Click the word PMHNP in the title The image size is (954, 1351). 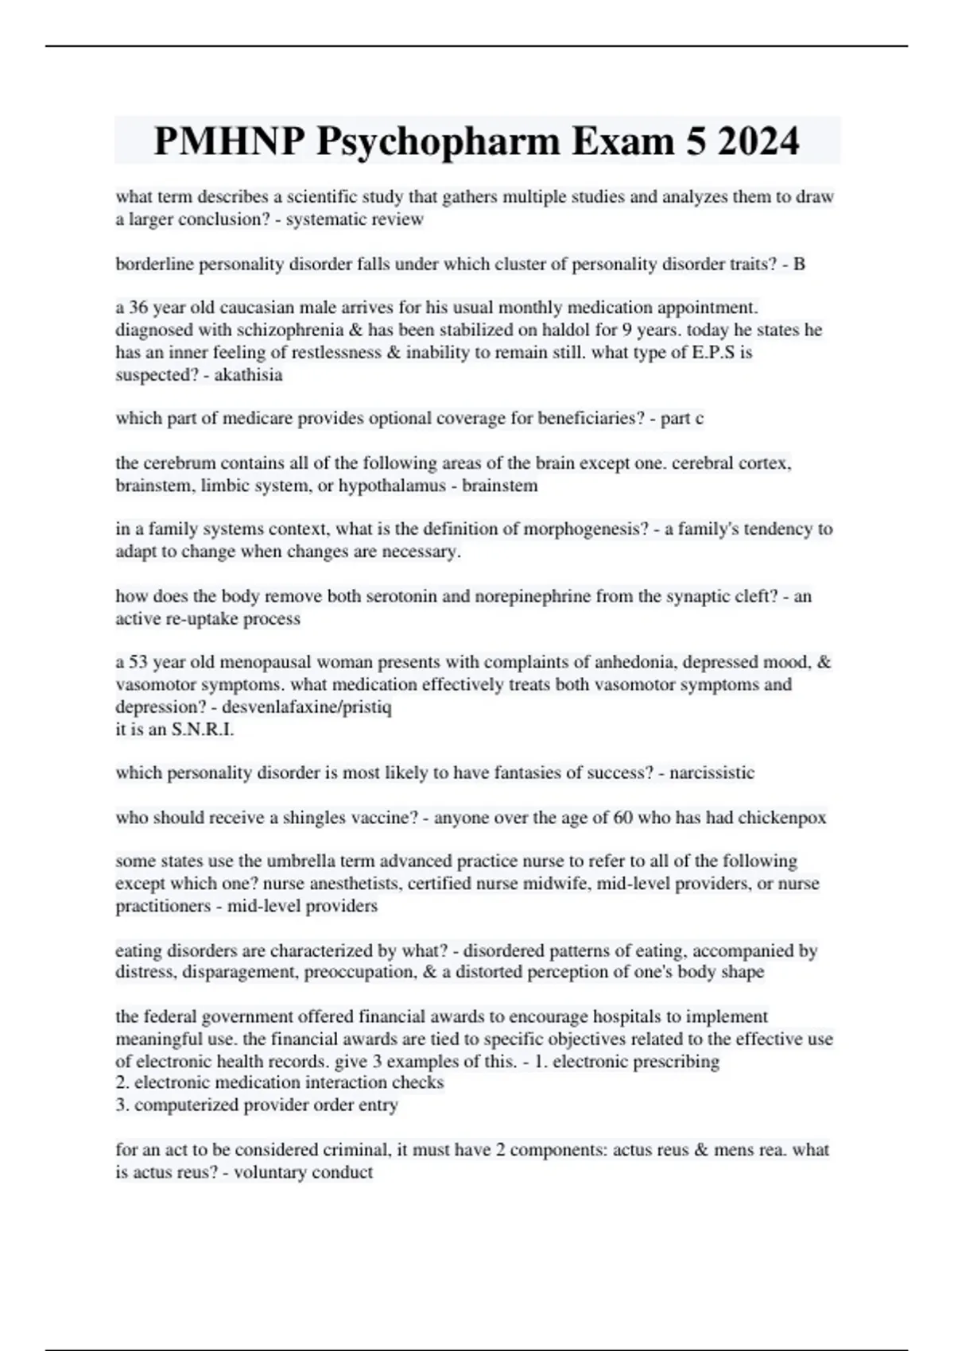pos(229,141)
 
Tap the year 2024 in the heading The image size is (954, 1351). pos(757,141)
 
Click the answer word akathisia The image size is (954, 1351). pos(248,374)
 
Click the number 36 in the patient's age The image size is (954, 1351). pos(138,308)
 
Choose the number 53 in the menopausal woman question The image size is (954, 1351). pos(138,662)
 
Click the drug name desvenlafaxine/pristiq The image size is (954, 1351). pos(307,706)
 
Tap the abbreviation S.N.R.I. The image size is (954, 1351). pos(203,729)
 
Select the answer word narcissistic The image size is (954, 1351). pos(712,772)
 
